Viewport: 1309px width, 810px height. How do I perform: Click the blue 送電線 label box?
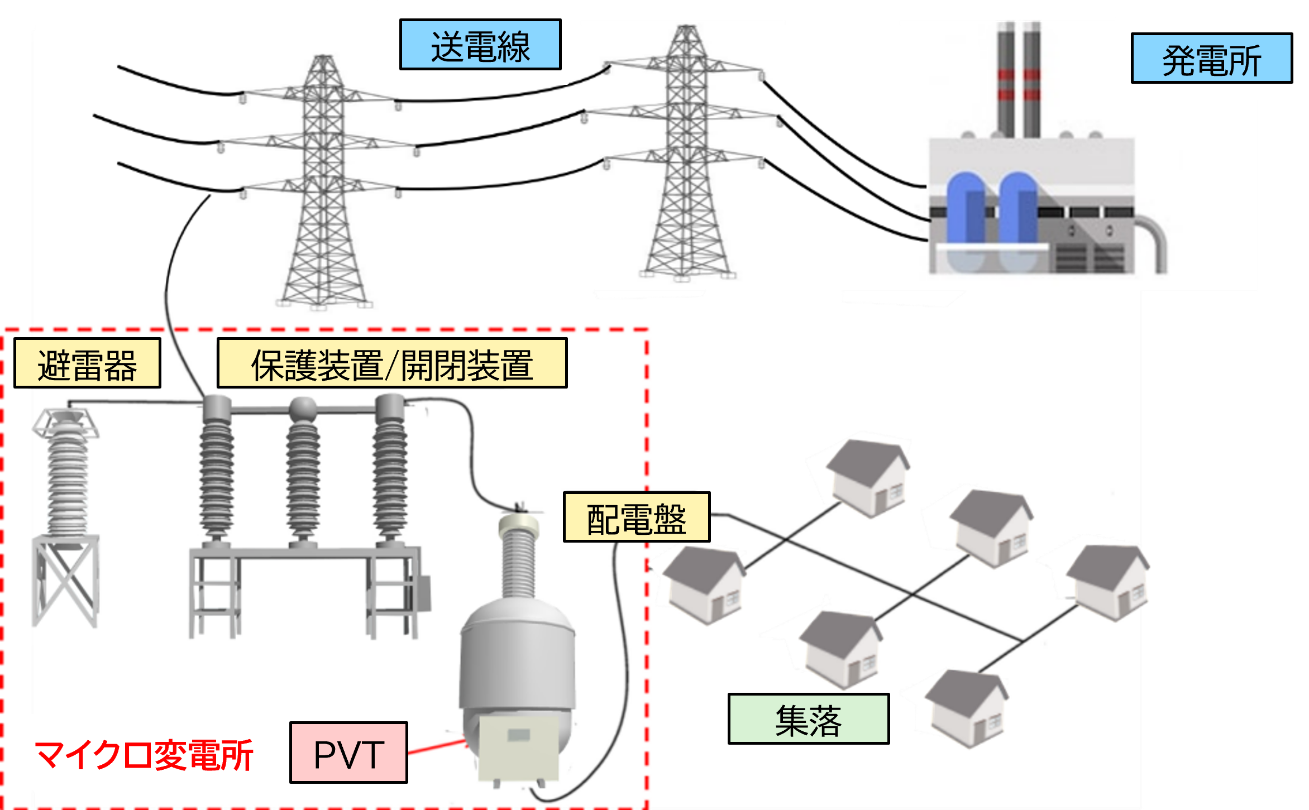point(480,45)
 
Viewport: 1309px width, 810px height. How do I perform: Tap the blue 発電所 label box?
point(1211,59)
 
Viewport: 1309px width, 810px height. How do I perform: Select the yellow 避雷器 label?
point(87,363)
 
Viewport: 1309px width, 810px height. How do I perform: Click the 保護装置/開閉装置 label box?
point(392,363)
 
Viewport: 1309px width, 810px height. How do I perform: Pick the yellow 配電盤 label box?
point(637,517)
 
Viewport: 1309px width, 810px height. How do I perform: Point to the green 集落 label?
point(808,719)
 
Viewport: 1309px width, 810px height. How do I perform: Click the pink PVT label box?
point(348,753)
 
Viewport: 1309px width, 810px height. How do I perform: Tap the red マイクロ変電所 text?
point(144,755)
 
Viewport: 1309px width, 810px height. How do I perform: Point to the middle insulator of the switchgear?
point(303,475)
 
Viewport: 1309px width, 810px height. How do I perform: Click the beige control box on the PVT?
point(519,748)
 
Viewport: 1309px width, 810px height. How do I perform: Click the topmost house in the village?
point(869,477)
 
